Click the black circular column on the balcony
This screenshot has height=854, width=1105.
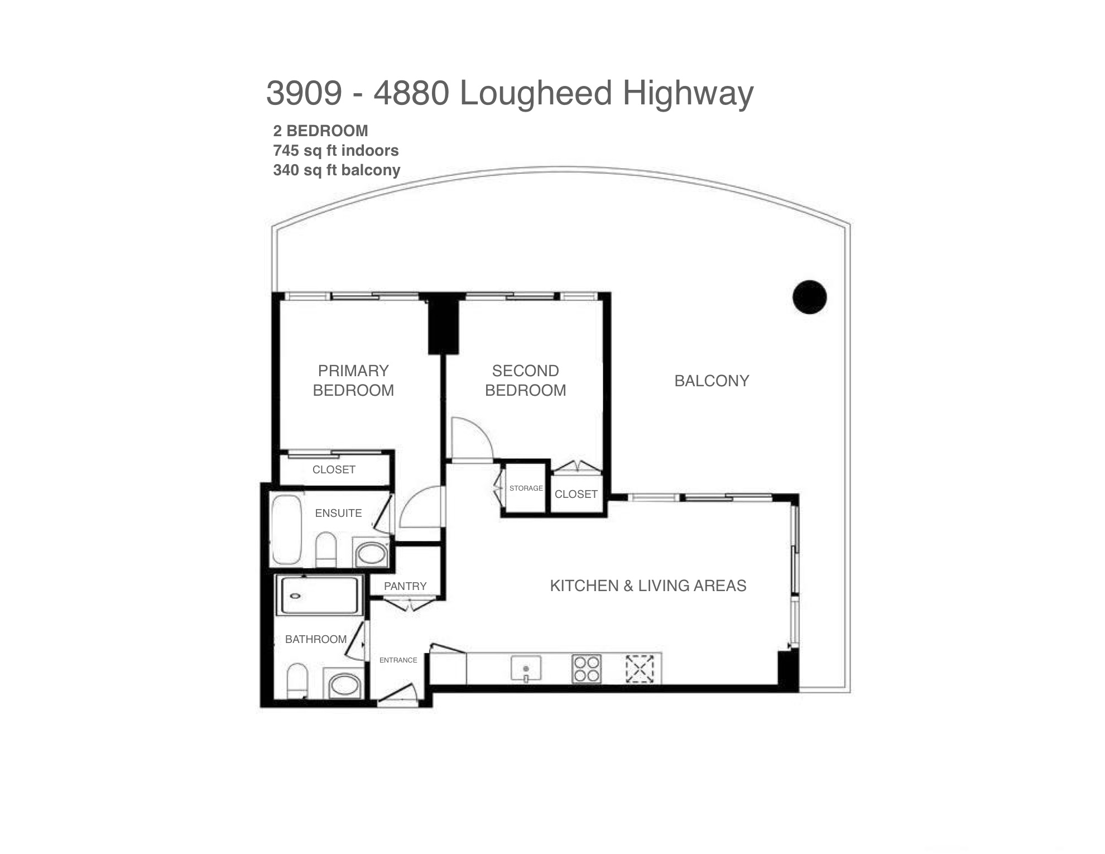pos(809,296)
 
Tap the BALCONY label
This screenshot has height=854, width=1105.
pos(712,381)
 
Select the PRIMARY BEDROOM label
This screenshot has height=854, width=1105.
pos(353,380)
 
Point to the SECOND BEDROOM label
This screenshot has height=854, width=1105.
pos(525,380)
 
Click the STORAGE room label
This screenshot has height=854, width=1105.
pos(526,488)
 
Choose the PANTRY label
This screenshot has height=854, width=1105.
pos(405,586)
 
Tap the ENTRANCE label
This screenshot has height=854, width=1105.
pos(398,660)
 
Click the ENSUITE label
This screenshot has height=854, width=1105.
pos(338,513)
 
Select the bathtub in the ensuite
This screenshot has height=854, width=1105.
pos(286,530)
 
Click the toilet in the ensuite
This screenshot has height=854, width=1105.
pos(326,550)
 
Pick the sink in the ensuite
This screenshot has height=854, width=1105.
pos(371,554)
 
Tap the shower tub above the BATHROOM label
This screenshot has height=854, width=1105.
pos(319,596)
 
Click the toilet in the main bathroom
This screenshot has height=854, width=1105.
pos(297,680)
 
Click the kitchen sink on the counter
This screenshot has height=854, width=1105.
pos(526,669)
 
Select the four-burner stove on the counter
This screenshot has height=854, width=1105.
pos(587,669)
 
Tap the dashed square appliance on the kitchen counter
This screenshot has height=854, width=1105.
pos(640,669)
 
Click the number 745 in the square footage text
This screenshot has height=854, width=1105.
pos(286,151)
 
